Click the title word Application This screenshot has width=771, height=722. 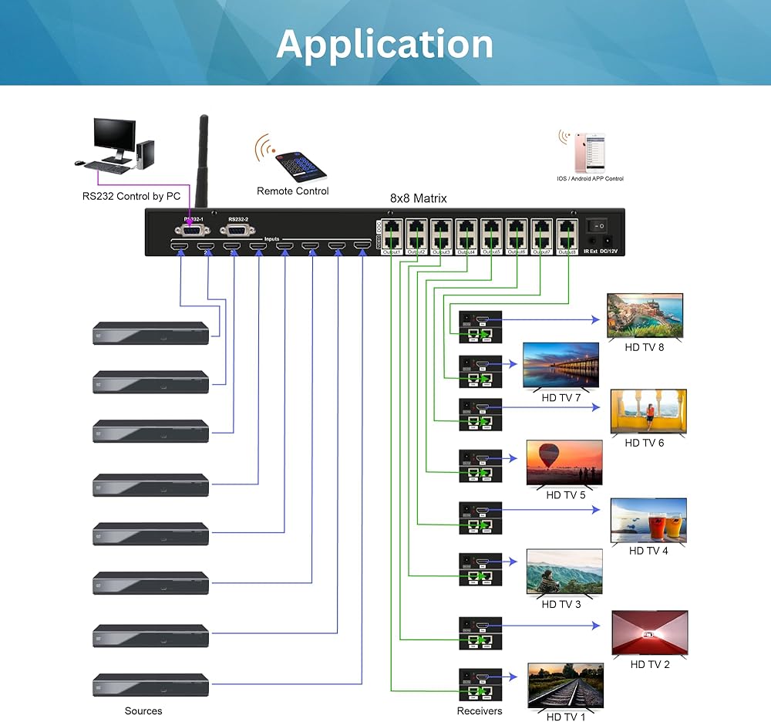pos(385,44)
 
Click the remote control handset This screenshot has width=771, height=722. pos(301,162)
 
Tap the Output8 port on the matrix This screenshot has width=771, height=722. pos(567,234)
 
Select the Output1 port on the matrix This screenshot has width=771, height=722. pos(392,234)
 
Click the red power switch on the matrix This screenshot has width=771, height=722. pos(598,227)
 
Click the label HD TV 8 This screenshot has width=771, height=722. pos(644,347)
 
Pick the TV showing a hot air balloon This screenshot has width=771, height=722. pos(564,463)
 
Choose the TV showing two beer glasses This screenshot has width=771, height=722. pos(648,520)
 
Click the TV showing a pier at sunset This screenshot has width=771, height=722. pos(561,365)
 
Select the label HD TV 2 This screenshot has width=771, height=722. pos(650,664)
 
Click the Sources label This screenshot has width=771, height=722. pos(143,710)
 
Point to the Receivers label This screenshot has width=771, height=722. pos(479,710)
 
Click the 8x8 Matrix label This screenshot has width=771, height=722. pos(418,198)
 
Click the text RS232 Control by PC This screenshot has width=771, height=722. pos(131,197)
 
